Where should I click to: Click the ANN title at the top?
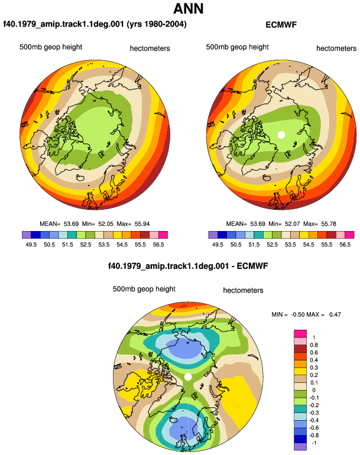[188, 8]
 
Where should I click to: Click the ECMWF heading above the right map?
[281, 25]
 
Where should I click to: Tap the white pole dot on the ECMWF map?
[281, 135]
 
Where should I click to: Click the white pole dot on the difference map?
[188, 376]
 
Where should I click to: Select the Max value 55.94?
[142, 224]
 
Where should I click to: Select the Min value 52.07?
[293, 224]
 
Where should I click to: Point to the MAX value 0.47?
[335, 314]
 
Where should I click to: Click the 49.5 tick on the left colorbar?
[31, 245]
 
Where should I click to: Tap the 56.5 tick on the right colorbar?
[345, 245]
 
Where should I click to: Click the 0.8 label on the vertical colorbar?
[314, 344]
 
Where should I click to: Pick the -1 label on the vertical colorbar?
[314, 443]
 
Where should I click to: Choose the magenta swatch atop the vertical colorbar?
[300, 333]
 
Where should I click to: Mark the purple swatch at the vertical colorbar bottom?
[300, 447]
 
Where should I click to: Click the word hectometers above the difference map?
[243, 290]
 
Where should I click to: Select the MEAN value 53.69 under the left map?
[71, 224]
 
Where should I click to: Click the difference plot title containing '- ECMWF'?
[188, 266]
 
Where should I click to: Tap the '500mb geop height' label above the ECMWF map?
[237, 47]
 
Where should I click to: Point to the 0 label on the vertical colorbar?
[314, 390]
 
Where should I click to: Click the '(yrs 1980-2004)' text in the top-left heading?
[157, 24]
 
